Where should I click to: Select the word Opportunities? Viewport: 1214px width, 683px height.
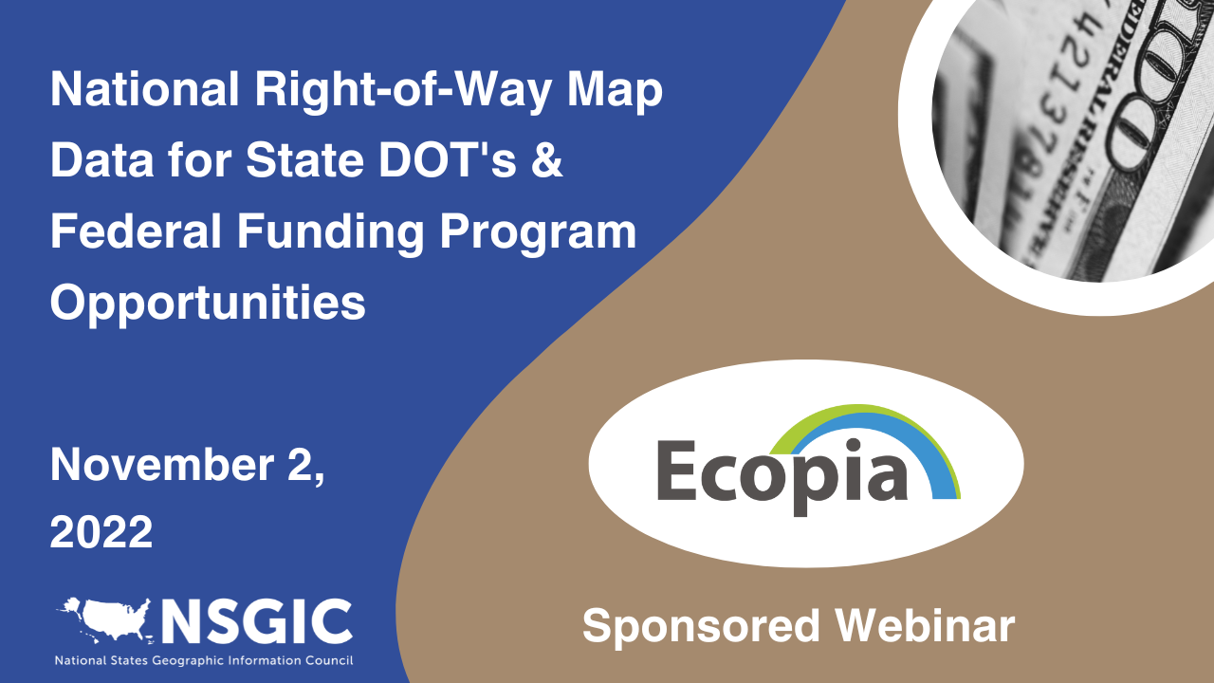point(208,304)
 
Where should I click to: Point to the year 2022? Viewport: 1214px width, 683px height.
point(101,532)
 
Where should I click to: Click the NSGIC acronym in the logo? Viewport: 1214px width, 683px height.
point(256,621)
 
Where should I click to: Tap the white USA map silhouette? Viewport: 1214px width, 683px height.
point(107,618)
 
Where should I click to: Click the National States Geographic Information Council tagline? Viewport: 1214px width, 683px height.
point(204,660)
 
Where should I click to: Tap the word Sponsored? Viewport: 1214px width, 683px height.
point(701,627)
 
